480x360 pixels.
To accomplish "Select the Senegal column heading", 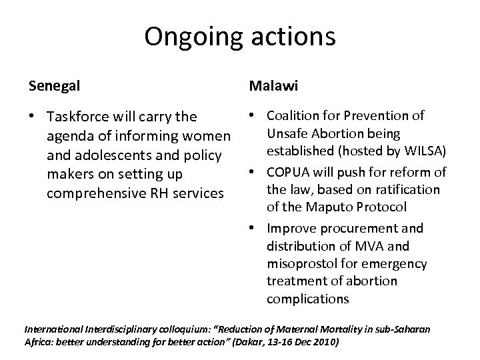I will pos(54,87).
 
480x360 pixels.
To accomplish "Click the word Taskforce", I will pos(81,117).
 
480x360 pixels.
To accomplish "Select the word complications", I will pos(307,299).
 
